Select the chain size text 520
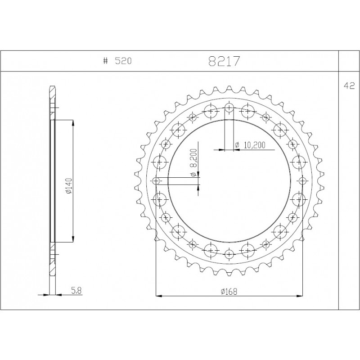[123, 61]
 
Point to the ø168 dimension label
[229, 291]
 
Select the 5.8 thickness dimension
[76, 291]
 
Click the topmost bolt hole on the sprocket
[229, 108]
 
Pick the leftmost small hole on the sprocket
[156, 181]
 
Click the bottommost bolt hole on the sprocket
[229, 254]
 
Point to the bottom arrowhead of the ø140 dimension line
[73, 241]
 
